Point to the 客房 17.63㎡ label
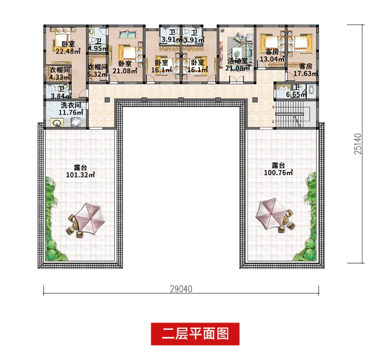[306, 70]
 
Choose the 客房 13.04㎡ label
[272, 56]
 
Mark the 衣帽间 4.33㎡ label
[59, 73]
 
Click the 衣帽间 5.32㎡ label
[97, 71]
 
